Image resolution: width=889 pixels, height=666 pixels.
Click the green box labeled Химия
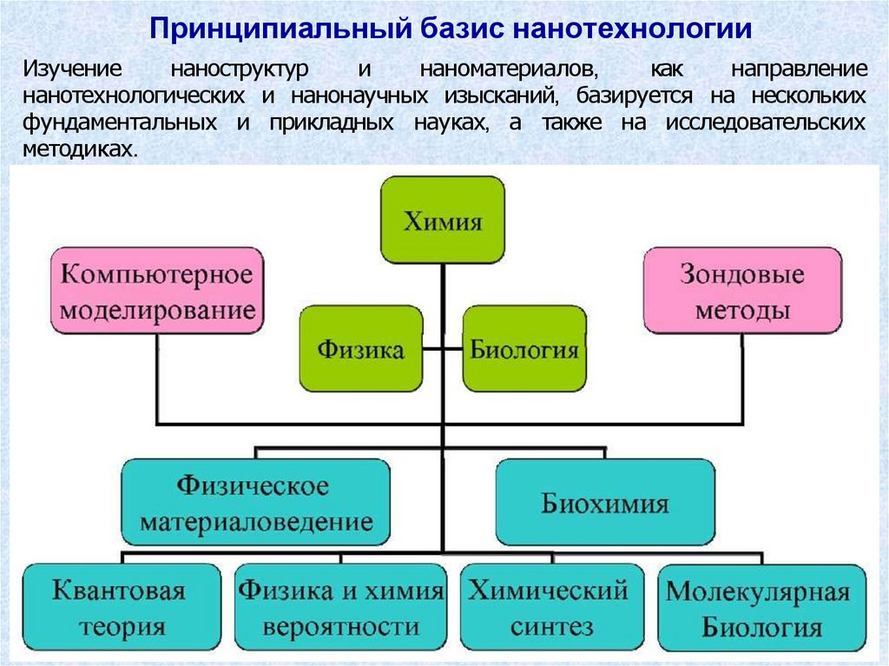[x=443, y=220]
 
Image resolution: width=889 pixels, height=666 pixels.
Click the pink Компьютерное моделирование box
[x=156, y=291]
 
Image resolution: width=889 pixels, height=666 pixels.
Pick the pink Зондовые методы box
[x=741, y=292]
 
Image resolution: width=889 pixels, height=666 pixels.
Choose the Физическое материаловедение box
[x=256, y=502]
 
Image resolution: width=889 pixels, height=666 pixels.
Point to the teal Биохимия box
[x=605, y=503]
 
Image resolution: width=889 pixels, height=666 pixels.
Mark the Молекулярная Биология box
[x=761, y=610]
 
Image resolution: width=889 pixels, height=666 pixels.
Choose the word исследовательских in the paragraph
[x=766, y=122]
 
